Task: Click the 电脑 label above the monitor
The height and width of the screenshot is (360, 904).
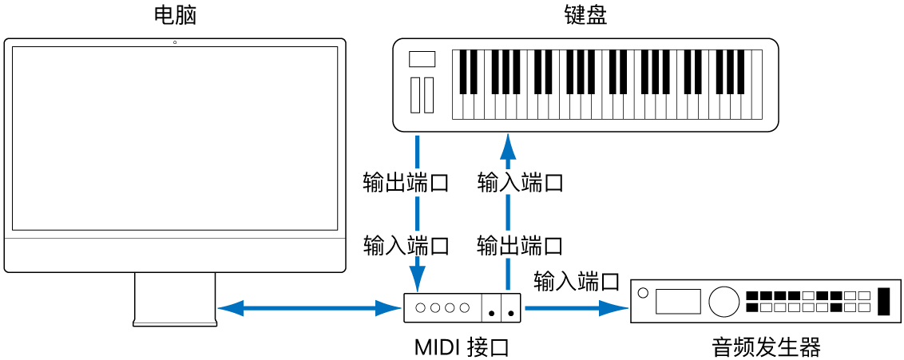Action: coord(174,15)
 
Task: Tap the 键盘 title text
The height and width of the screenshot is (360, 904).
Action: coord(585,15)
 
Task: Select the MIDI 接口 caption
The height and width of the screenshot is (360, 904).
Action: coord(462,347)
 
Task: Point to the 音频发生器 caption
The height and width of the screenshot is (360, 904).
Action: coord(766,347)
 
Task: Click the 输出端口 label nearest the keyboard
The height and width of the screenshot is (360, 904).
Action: coord(406,183)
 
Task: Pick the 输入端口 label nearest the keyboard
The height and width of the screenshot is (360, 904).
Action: coord(521,183)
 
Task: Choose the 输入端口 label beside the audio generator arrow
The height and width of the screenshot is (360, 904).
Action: coord(577,281)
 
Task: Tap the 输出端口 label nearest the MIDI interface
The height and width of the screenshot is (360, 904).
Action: coord(519,244)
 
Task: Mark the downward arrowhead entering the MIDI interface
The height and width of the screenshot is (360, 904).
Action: coord(417,282)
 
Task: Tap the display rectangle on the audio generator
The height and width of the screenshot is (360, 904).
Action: coord(678,301)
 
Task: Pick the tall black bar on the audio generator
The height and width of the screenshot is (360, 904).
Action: coord(883,301)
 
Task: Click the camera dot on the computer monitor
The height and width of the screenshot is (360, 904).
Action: coord(175,42)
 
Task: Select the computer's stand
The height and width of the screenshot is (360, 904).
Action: coord(175,299)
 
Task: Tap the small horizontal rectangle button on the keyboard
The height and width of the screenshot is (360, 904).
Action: coord(422,59)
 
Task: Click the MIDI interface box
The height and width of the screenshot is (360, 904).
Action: coord(462,307)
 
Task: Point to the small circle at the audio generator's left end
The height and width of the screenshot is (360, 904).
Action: coord(643,294)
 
